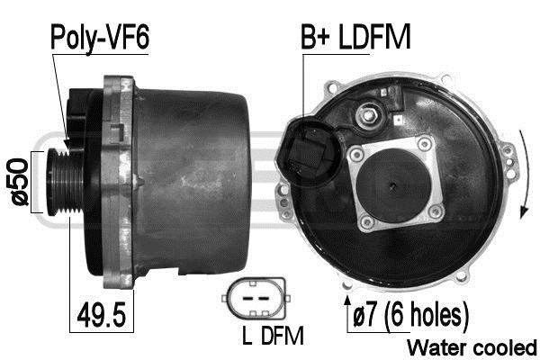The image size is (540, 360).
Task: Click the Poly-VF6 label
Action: tap(100, 38)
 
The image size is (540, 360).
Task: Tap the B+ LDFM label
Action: tap(355, 38)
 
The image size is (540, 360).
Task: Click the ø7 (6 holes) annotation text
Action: tap(410, 316)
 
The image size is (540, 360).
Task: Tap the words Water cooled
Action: tap(472, 346)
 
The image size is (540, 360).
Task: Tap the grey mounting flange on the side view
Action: tap(117, 180)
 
